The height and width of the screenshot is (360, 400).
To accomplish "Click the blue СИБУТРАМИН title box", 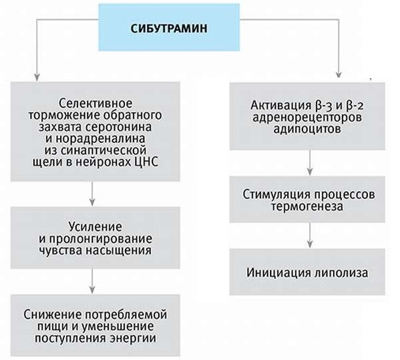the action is (169, 27).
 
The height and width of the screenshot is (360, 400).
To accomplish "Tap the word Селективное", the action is (95, 104).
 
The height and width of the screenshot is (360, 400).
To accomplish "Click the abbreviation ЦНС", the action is (146, 162).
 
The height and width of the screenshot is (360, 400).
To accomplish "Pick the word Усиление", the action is (95, 227).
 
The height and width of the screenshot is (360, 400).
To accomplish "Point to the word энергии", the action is (134, 339).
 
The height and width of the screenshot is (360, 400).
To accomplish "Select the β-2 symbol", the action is (353, 106).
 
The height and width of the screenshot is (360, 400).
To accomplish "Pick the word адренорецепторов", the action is (307, 118).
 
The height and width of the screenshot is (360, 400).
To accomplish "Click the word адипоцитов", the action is (307, 129).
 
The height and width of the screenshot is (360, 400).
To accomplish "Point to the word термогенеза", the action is (307, 206).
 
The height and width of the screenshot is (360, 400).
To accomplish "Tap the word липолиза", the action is (341, 273).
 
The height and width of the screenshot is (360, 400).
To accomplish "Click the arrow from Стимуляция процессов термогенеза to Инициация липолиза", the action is (310, 235).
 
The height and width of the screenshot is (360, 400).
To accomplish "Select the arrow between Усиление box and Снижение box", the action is (92, 281).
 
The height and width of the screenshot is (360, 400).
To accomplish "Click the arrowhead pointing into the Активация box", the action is (339, 74).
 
